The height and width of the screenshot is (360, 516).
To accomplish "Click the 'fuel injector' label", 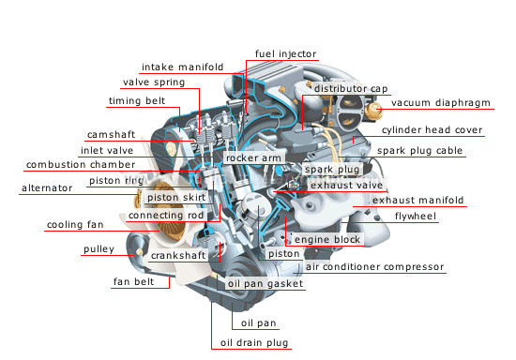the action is [285, 54].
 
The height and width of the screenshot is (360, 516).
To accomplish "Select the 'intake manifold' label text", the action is [183, 67].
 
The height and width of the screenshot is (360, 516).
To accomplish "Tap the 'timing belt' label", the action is [137, 100].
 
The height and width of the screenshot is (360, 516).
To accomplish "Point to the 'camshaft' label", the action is [112, 134].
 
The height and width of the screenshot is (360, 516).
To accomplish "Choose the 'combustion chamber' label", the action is [81, 164].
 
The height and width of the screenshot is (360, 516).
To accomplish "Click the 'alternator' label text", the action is [47, 188].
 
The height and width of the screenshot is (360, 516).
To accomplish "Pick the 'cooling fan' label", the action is [75, 225].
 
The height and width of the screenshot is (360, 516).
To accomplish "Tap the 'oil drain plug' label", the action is [254, 342].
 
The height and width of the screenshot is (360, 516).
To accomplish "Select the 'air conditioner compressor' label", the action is [375, 266].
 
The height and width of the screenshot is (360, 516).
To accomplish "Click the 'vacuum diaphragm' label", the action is [441, 103].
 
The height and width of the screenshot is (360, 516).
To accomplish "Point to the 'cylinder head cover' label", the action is [433, 130].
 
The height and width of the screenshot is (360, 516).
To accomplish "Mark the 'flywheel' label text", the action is [416, 216].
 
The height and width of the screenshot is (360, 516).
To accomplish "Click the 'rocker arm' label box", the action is [253, 158].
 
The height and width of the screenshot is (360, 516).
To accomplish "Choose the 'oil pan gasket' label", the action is [266, 283].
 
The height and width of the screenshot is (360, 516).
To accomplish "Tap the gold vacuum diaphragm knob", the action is [375, 111].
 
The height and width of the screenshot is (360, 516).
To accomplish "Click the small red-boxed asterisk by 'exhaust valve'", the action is [294, 186].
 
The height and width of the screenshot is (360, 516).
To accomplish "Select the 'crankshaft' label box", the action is [178, 255].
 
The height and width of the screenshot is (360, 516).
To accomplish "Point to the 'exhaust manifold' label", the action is [417, 200].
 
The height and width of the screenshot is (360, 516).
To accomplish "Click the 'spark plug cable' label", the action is [420, 151].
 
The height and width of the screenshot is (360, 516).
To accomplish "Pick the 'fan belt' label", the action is [133, 282].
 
